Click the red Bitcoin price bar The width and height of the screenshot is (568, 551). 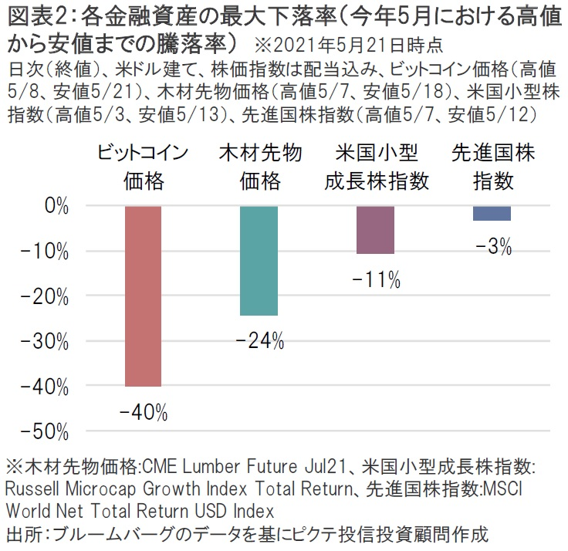143,296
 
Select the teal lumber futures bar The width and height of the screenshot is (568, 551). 259,261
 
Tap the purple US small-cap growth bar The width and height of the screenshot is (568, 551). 375,230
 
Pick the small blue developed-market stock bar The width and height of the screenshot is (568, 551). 492,213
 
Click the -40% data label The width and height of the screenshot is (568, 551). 144,413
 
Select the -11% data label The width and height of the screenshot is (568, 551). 376,280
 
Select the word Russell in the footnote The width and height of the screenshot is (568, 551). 33,488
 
